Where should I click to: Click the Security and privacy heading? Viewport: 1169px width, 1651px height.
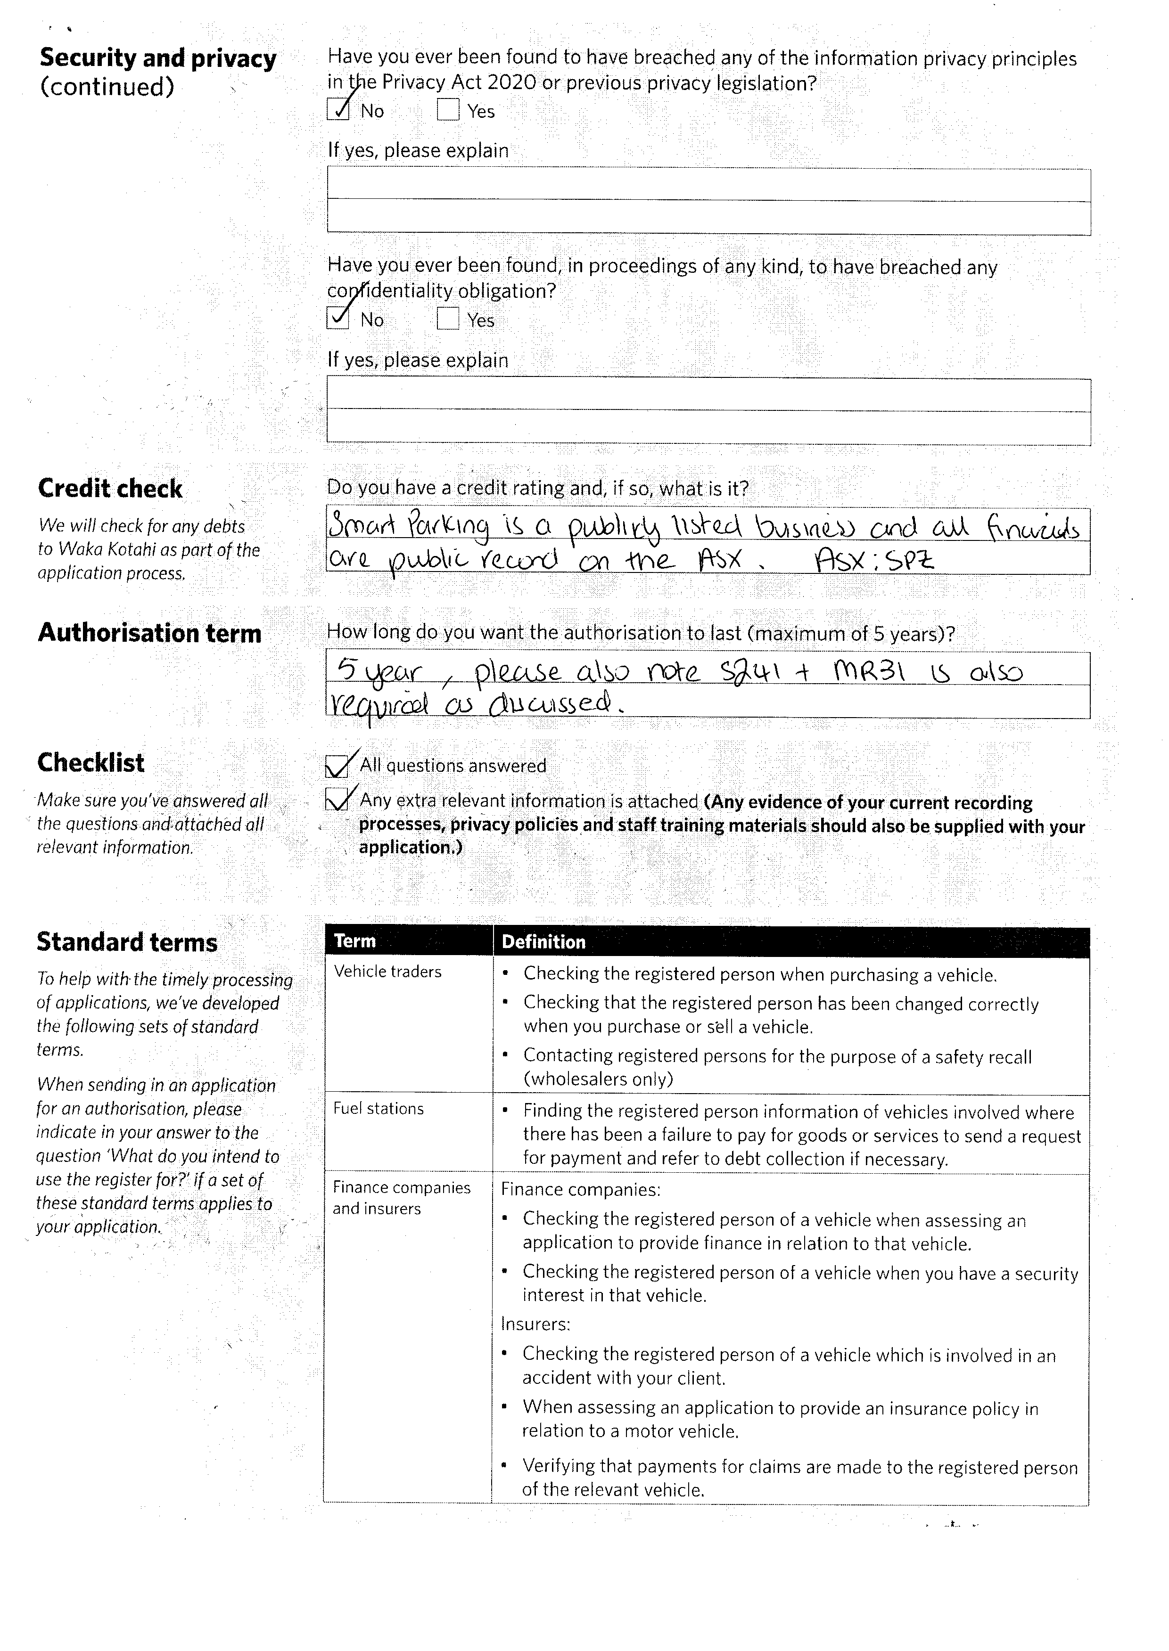pyautogui.click(x=157, y=58)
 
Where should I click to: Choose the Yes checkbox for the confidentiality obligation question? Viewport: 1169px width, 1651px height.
pyautogui.click(x=448, y=318)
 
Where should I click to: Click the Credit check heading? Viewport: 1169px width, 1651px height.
pyautogui.click(x=110, y=489)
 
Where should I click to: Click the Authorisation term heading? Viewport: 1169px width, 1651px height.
pyautogui.click(x=149, y=633)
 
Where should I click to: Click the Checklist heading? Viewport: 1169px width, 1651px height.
pyautogui.click(x=91, y=762)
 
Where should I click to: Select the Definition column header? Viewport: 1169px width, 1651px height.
pyautogui.click(x=543, y=942)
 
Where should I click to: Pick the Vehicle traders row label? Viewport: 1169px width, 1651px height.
pyautogui.click(x=387, y=972)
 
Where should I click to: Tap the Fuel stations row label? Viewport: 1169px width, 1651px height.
pyautogui.click(x=378, y=1109)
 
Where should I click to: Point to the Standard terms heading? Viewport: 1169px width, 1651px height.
pyautogui.click(x=127, y=942)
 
